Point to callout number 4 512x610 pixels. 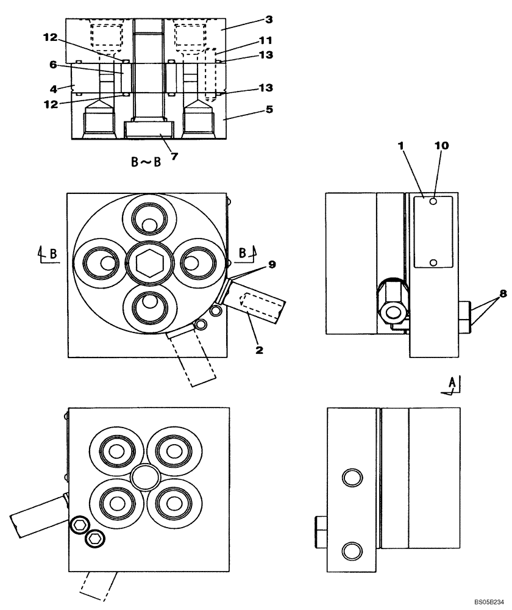pyautogui.click(x=54, y=88)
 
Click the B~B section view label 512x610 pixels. pyautogui.click(x=146, y=163)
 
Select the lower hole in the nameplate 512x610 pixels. pyautogui.click(x=433, y=262)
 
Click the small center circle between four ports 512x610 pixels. pyautogui.click(x=144, y=476)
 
